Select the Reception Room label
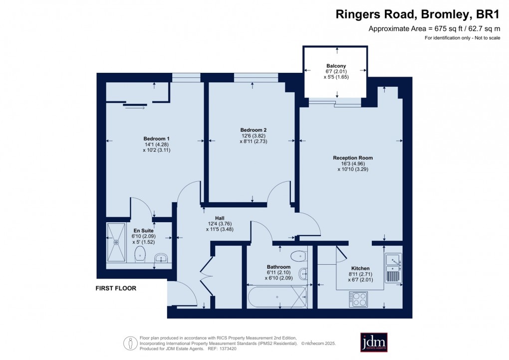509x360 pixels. coord(353,158)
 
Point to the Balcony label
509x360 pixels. coord(336,66)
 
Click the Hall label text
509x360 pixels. coord(220,218)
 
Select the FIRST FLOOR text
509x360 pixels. coord(116,288)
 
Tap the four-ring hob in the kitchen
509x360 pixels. coord(358,299)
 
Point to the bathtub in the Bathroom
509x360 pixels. coord(277,297)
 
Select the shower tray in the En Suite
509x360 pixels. coord(117,242)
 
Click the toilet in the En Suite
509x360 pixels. coord(140,254)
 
